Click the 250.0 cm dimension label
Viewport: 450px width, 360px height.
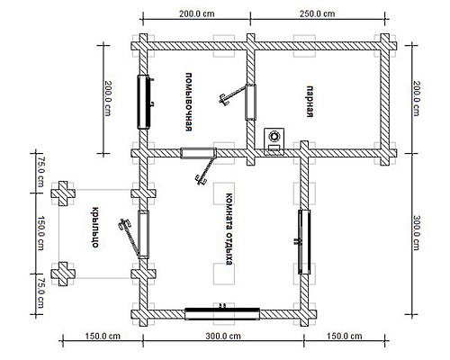tap(318, 13)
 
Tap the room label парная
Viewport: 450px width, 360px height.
tap(310, 102)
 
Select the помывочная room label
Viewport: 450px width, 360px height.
tap(188, 102)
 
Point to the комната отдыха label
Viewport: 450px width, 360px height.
tap(229, 229)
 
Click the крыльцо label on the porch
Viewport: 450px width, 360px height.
tap(95, 228)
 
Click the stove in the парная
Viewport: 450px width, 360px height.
tap(274, 141)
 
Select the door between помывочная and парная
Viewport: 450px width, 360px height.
tap(251, 102)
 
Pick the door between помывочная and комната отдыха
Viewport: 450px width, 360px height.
tap(199, 153)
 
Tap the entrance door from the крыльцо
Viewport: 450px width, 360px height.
tap(143, 235)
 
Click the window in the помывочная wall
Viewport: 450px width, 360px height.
tap(144, 102)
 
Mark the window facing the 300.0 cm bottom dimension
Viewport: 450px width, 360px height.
tap(222, 314)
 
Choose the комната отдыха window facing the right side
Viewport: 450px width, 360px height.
tap(304, 242)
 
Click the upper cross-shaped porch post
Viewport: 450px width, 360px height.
tap(63, 193)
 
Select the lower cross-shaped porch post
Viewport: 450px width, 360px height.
tap(63, 274)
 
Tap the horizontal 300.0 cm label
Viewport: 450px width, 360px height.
tap(223, 336)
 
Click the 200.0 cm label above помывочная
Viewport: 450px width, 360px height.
tap(197, 13)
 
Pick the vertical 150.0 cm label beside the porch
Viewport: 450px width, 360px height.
tap(40, 233)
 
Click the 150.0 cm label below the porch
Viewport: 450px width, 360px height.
tap(103, 336)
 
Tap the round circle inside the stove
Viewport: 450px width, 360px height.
tap(274, 136)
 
